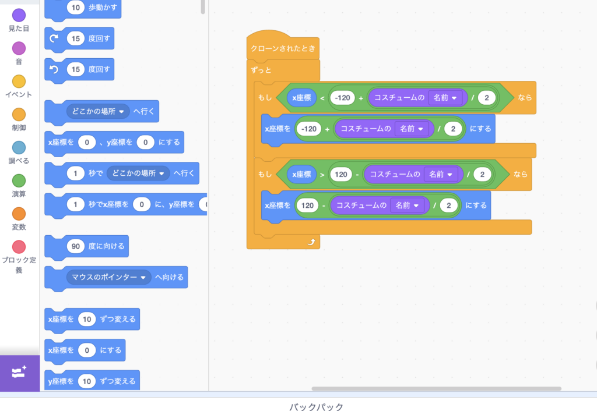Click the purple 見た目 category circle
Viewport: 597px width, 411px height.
19,15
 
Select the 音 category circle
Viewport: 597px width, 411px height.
19,48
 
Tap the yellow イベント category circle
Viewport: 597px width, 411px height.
19,82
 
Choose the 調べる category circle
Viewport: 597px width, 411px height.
19,147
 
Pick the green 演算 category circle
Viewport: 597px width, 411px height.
19,180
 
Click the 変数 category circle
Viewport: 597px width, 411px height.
19,214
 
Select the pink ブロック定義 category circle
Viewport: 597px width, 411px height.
19,247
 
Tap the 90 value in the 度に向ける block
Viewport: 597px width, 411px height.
75,246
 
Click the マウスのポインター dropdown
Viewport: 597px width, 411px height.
108,277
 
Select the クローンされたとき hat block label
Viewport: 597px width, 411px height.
283,49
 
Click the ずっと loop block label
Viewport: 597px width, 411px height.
261,70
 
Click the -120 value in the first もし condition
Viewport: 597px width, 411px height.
342,98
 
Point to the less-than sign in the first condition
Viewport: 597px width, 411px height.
322,98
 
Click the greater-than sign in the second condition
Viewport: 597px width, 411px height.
322,175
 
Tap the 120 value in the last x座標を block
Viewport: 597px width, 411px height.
307,205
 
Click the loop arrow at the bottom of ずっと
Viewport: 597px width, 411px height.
311,242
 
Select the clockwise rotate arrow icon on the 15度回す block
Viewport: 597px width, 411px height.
54,38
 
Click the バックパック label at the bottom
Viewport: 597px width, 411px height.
316,407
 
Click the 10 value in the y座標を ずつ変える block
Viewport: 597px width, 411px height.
87,381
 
